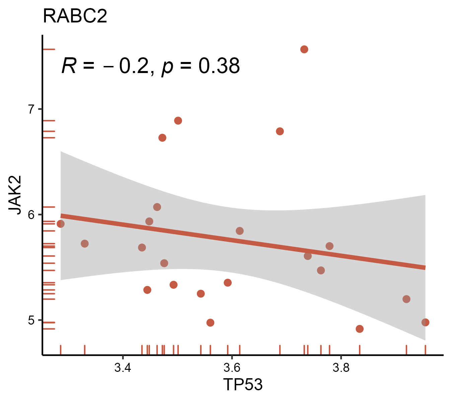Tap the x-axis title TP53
pos(243,384)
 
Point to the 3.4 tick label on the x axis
pos(123,368)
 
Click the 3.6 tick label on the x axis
pos(232,368)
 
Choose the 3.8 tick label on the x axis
pos(341,368)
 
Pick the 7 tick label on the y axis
pos(31,109)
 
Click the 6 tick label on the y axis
pos(31,214)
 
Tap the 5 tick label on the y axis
pos(31,320)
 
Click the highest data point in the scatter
pos(304,49)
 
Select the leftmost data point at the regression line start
pos(61,224)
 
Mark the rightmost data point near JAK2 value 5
pos(425,322)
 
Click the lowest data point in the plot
pos(360,329)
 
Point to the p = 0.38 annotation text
pos(201,66)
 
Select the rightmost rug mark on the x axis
pos(425,349)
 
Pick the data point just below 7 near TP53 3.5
pos(178,121)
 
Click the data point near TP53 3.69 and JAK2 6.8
pos(280,131)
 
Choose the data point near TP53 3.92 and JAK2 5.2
pos(406,299)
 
